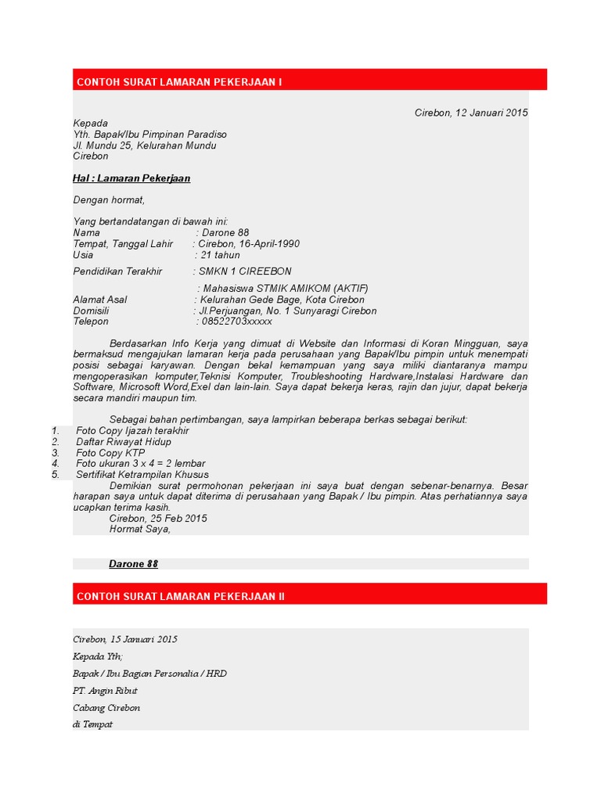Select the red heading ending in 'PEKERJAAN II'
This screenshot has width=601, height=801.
click(x=181, y=596)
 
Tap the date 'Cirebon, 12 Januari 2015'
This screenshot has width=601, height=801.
click(x=471, y=113)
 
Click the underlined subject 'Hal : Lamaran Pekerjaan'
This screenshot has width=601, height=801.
click(x=131, y=178)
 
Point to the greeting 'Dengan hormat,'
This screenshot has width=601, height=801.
click(x=109, y=199)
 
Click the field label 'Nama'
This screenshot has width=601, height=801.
click(x=87, y=233)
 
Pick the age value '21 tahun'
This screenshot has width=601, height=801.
click(x=221, y=255)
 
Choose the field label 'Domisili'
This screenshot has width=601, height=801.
click(x=91, y=311)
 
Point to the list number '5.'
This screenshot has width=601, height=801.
click(x=56, y=475)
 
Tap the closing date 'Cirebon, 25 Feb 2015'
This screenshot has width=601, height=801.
click(x=158, y=518)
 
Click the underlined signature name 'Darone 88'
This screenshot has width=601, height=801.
click(x=133, y=563)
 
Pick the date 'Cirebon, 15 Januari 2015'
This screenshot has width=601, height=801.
click(x=125, y=639)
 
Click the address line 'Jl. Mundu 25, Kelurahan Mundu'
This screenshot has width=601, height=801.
click(x=145, y=145)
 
